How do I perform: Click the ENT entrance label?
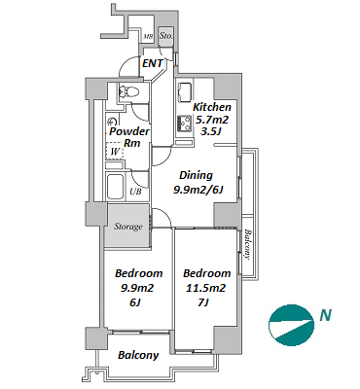point(153,63)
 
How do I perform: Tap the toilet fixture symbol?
point(128,91)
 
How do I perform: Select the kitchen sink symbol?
point(185,92)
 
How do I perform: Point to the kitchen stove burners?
point(185,124)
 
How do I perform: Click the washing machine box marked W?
point(115,151)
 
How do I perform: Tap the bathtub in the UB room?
point(115,188)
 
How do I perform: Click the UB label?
point(135,192)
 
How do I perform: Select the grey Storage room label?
point(128,227)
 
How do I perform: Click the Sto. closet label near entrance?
point(166,36)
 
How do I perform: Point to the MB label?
point(148,37)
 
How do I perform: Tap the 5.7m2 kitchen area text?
point(212,120)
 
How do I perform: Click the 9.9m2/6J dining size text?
point(198,190)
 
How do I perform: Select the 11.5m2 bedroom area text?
point(206,288)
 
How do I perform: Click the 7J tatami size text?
point(202,302)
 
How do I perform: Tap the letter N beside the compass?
point(326,315)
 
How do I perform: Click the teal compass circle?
point(291,325)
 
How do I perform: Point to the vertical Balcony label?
point(247,244)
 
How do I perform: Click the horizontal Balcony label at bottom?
point(138,355)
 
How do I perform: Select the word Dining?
point(196,175)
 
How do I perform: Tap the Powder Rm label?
point(129,137)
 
